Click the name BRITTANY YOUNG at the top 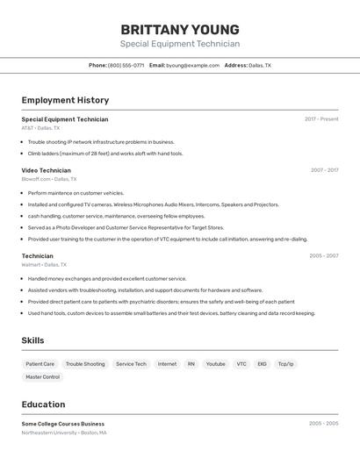pyautogui.click(x=179, y=29)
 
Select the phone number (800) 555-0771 pyautogui.click(x=126, y=65)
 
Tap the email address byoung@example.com pyautogui.click(x=193, y=65)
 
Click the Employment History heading pyautogui.click(x=65, y=100)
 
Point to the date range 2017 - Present pyautogui.click(x=321, y=119)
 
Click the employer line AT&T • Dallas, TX pyautogui.click(x=40, y=128)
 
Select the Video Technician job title pyautogui.click(x=46, y=170)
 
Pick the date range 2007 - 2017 pyautogui.click(x=324, y=170)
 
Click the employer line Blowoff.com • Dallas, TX pyautogui.click(x=48, y=179)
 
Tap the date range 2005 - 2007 pyautogui.click(x=323, y=256)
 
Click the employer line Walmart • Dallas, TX pyautogui.click(x=44, y=264)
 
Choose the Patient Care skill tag pyautogui.click(x=40, y=364)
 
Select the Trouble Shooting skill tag pyautogui.click(x=85, y=364)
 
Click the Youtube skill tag pyautogui.click(x=215, y=364)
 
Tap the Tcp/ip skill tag pyautogui.click(x=285, y=364)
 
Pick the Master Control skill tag pyautogui.click(x=42, y=377)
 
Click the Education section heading pyautogui.click(x=43, y=404)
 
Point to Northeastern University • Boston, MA pyautogui.click(x=64, y=433)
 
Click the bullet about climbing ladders pyautogui.click(x=105, y=154)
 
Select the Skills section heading pyautogui.click(x=32, y=340)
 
